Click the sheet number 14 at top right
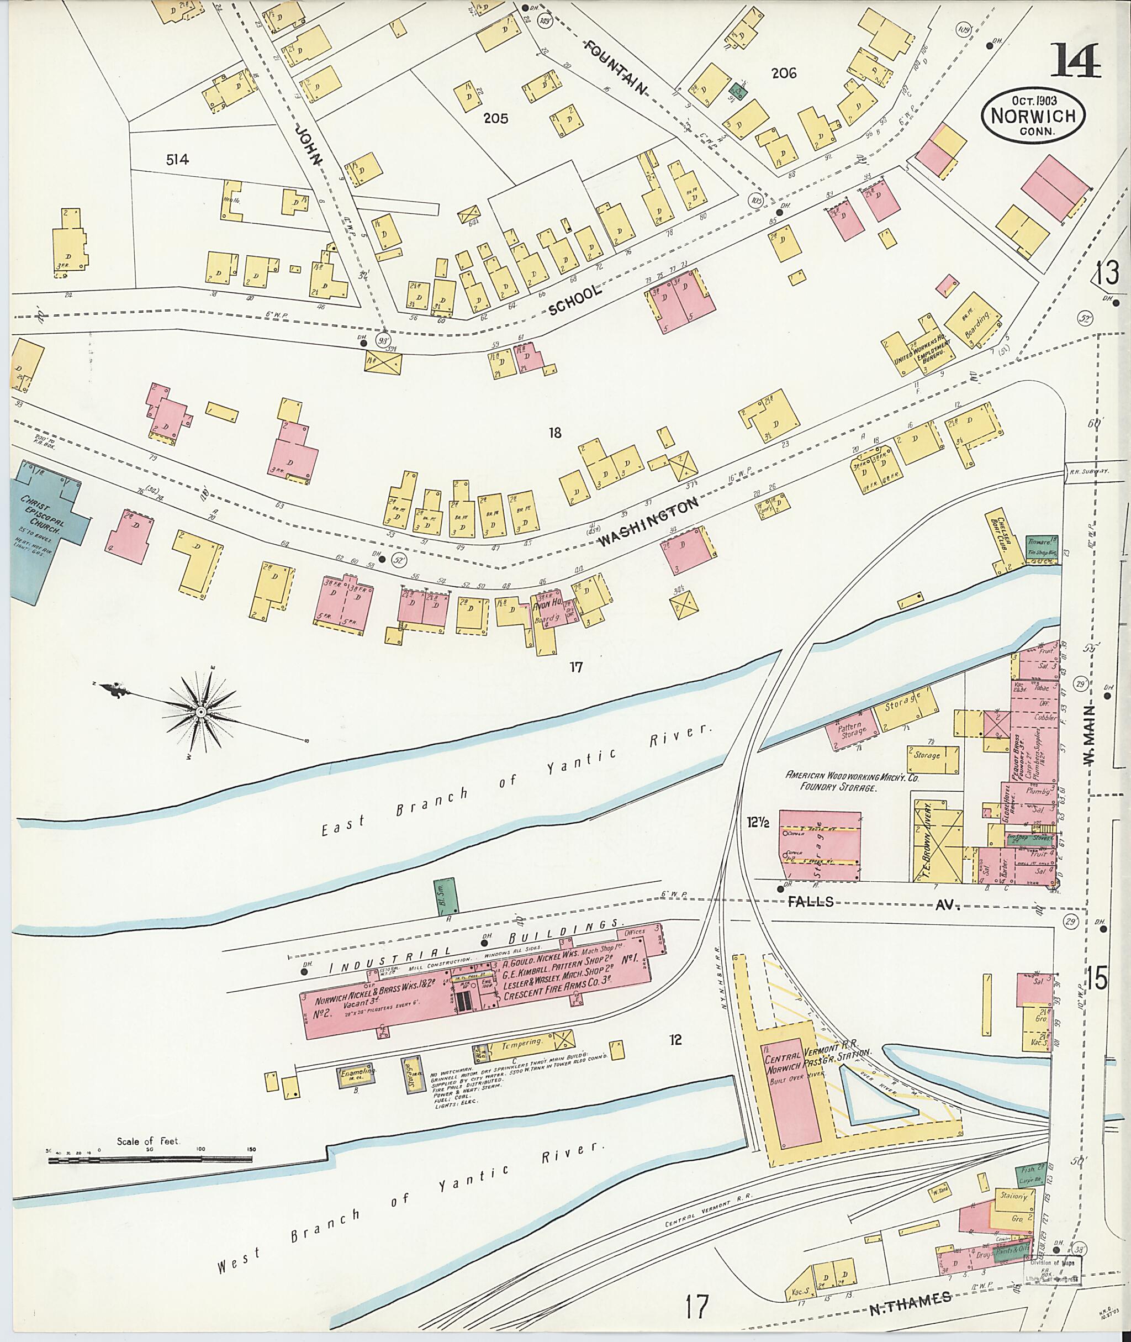1075,63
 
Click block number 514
177,160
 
